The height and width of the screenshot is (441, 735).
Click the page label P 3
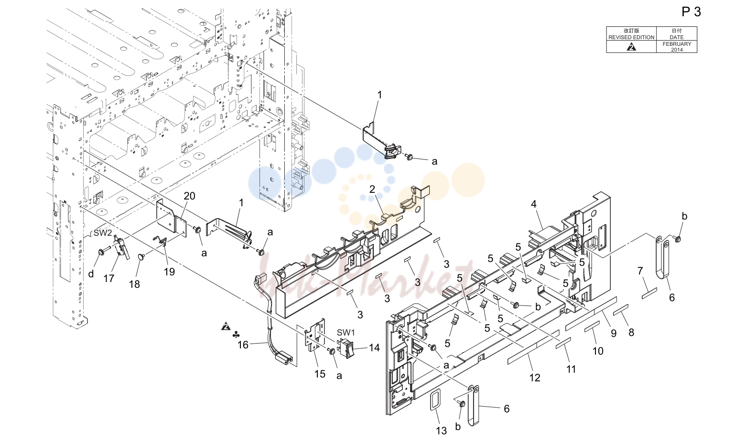point(691,12)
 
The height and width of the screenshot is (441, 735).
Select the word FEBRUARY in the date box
point(677,44)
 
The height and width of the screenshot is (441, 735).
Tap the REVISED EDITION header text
point(631,37)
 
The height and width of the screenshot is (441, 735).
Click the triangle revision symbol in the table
point(631,47)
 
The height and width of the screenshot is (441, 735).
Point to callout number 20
point(189,196)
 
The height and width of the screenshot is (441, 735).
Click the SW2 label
point(103,233)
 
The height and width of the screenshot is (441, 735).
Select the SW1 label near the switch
point(346,333)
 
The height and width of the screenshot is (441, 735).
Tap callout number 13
point(441,430)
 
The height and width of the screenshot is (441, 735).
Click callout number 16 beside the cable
point(243,345)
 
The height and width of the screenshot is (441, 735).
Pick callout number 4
point(534,204)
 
